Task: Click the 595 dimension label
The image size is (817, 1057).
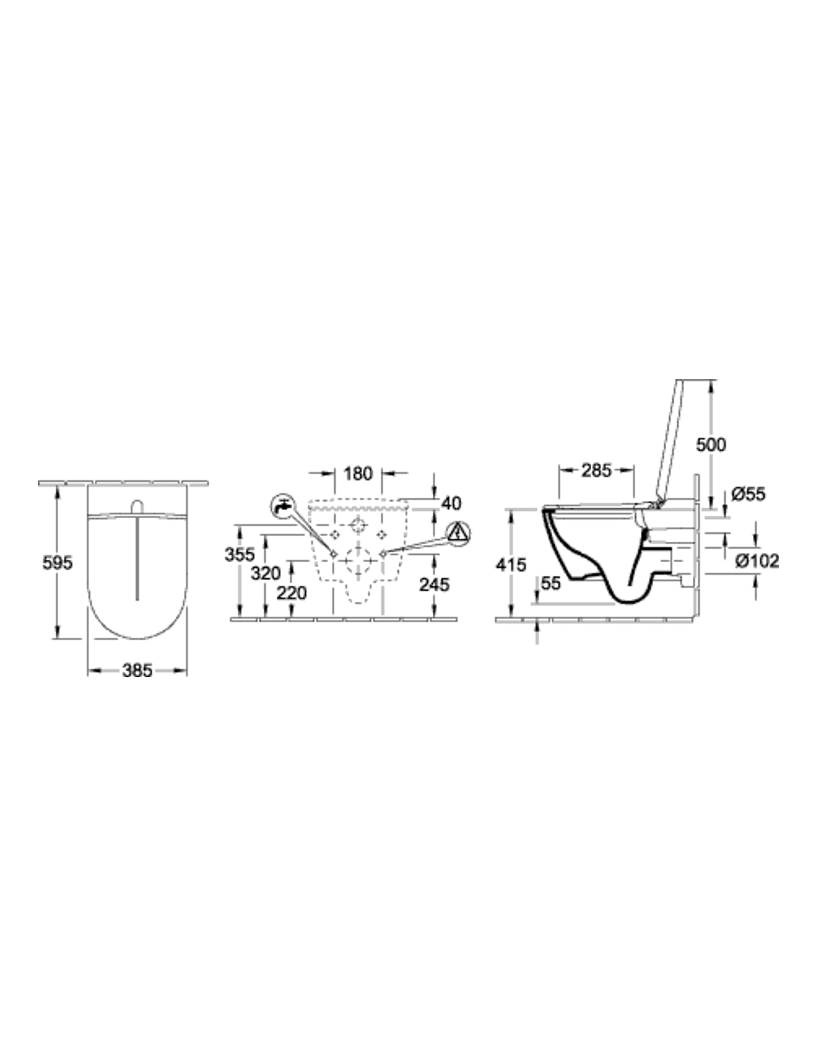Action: point(57,563)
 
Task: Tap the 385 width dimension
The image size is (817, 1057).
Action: point(137,670)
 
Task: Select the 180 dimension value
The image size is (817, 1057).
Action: point(358,473)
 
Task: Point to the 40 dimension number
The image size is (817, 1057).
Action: point(452,503)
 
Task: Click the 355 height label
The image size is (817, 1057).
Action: point(239,554)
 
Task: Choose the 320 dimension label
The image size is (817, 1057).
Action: point(266,574)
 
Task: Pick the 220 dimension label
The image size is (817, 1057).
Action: point(292,593)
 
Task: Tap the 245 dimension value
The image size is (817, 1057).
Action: point(434,584)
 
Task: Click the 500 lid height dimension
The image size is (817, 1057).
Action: point(711,444)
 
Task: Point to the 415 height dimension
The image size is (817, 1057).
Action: point(511,565)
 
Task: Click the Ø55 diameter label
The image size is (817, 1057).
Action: point(749,494)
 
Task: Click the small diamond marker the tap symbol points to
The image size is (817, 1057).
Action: point(334,553)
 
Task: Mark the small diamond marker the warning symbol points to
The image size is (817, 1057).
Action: point(383,553)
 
